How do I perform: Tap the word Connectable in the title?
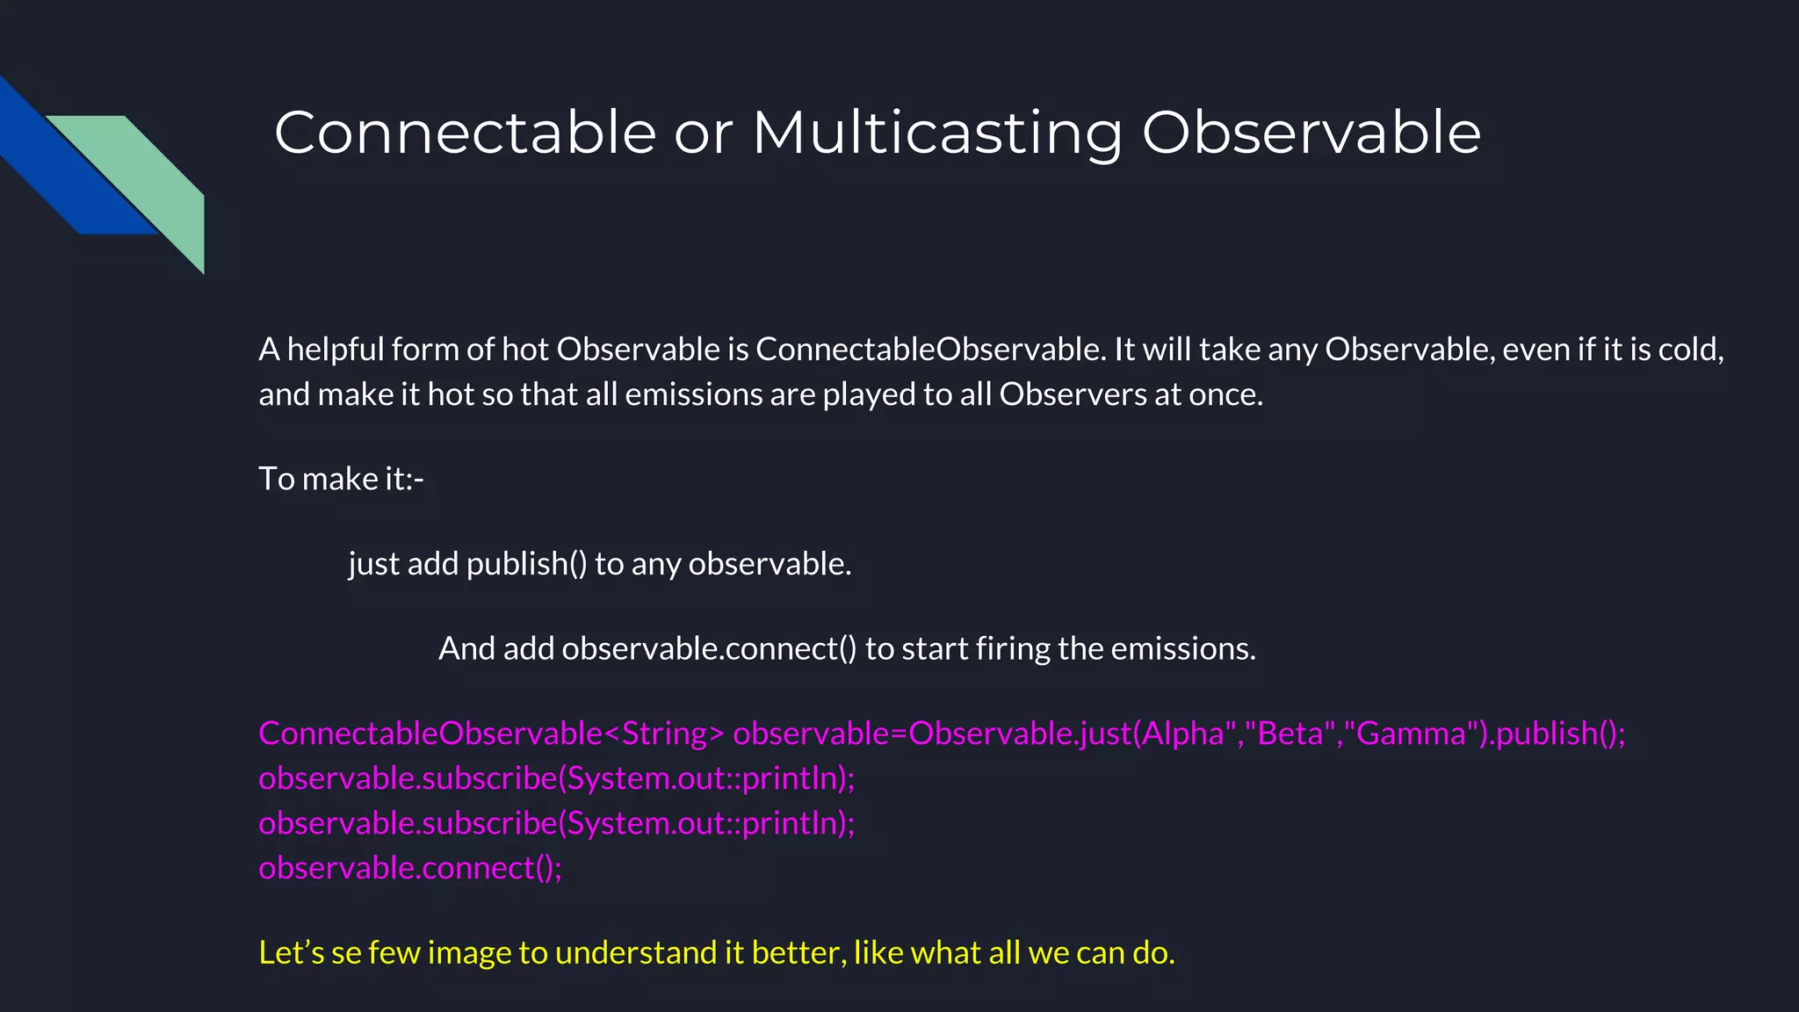pyautogui.click(x=465, y=134)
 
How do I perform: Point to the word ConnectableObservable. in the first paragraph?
pyautogui.click(x=930, y=350)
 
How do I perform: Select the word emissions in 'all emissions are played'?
pyautogui.click(x=693, y=394)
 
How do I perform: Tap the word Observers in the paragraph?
pyautogui.click(x=1073, y=394)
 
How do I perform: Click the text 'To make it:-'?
pyautogui.click(x=341, y=479)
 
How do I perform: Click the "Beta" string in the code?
pyautogui.click(x=1290, y=734)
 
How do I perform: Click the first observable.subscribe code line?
pyautogui.click(x=556, y=778)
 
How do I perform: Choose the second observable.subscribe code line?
pyautogui.click(x=556, y=823)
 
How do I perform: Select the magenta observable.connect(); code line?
pyautogui.click(x=409, y=868)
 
